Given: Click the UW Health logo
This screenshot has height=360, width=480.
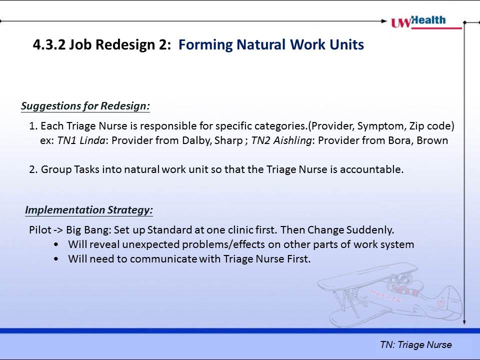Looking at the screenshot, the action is [x=426, y=22].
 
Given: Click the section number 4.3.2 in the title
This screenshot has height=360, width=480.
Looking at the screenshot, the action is [x=49, y=44].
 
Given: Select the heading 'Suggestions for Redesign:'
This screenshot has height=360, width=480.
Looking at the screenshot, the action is [x=85, y=106].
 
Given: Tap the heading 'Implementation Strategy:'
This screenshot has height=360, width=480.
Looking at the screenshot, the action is [x=89, y=210].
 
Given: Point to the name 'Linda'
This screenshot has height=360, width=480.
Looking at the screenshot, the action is [x=92, y=140].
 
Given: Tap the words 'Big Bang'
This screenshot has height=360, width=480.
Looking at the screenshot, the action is [x=87, y=230].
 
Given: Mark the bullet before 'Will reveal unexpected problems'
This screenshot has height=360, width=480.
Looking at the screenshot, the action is [x=56, y=244].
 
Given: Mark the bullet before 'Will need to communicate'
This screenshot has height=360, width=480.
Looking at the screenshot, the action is [x=56, y=259].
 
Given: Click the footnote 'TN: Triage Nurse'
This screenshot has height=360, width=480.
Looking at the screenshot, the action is [x=415, y=344].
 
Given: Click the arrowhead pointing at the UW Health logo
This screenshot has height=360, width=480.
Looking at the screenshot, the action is [x=384, y=21].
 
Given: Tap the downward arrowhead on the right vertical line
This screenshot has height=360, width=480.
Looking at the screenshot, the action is [x=464, y=321].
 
